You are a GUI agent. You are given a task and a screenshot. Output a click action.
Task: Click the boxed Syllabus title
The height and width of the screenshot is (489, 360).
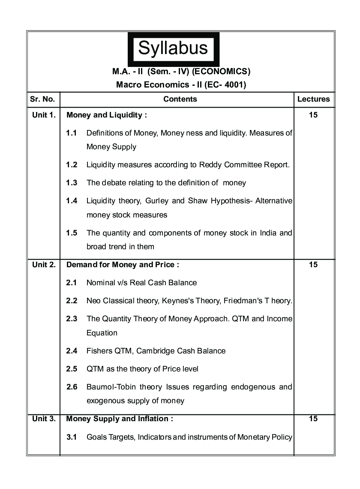pos(173,48)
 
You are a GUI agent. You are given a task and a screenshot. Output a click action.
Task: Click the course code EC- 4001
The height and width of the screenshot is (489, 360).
pos(225,85)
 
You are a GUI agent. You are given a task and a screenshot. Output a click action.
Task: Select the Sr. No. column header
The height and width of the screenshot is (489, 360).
pos(42,99)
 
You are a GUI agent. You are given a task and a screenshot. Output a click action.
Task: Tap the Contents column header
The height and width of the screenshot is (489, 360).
pos(180,99)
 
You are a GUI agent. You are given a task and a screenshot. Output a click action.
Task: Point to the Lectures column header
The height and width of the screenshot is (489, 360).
pos(313,99)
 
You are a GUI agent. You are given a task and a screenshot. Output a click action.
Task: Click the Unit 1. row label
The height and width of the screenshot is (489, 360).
pos(44,115)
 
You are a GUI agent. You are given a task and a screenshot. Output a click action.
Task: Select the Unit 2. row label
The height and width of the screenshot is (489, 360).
pos(44,265)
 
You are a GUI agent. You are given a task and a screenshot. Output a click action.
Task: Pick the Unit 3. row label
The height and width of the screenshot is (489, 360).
pos(44,419)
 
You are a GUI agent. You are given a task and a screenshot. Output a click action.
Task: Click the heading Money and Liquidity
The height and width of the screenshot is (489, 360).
pos(107,115)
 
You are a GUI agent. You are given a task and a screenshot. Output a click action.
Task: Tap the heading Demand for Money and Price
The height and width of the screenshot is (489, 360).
pos(123,265)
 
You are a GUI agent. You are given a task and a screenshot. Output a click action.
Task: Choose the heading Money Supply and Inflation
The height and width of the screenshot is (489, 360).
pos(120,419)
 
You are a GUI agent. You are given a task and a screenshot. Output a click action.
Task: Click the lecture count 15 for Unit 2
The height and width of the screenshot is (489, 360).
pos(313,265)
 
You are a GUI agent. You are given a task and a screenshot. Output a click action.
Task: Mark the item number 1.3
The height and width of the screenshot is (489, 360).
pos(72,183)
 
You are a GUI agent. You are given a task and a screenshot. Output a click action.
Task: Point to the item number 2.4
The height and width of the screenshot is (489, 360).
pos(72,351)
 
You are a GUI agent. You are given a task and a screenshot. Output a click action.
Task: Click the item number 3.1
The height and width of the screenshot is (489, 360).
pos(72,438)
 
